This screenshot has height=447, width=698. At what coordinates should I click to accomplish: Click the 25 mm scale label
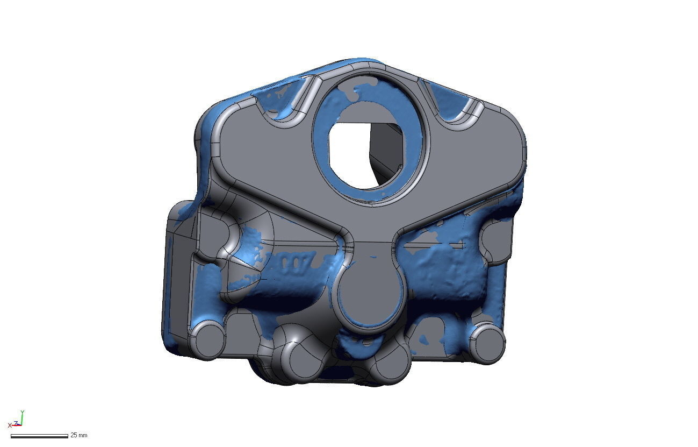pos(78,435)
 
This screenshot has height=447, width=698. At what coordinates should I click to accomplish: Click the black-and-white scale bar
pos(39,436)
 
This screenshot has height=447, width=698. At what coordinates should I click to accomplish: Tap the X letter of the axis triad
pos(10,425)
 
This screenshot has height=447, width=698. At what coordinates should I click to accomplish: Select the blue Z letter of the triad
pos(16,423)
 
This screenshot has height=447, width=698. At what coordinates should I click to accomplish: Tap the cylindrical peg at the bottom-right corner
pos(487,343)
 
